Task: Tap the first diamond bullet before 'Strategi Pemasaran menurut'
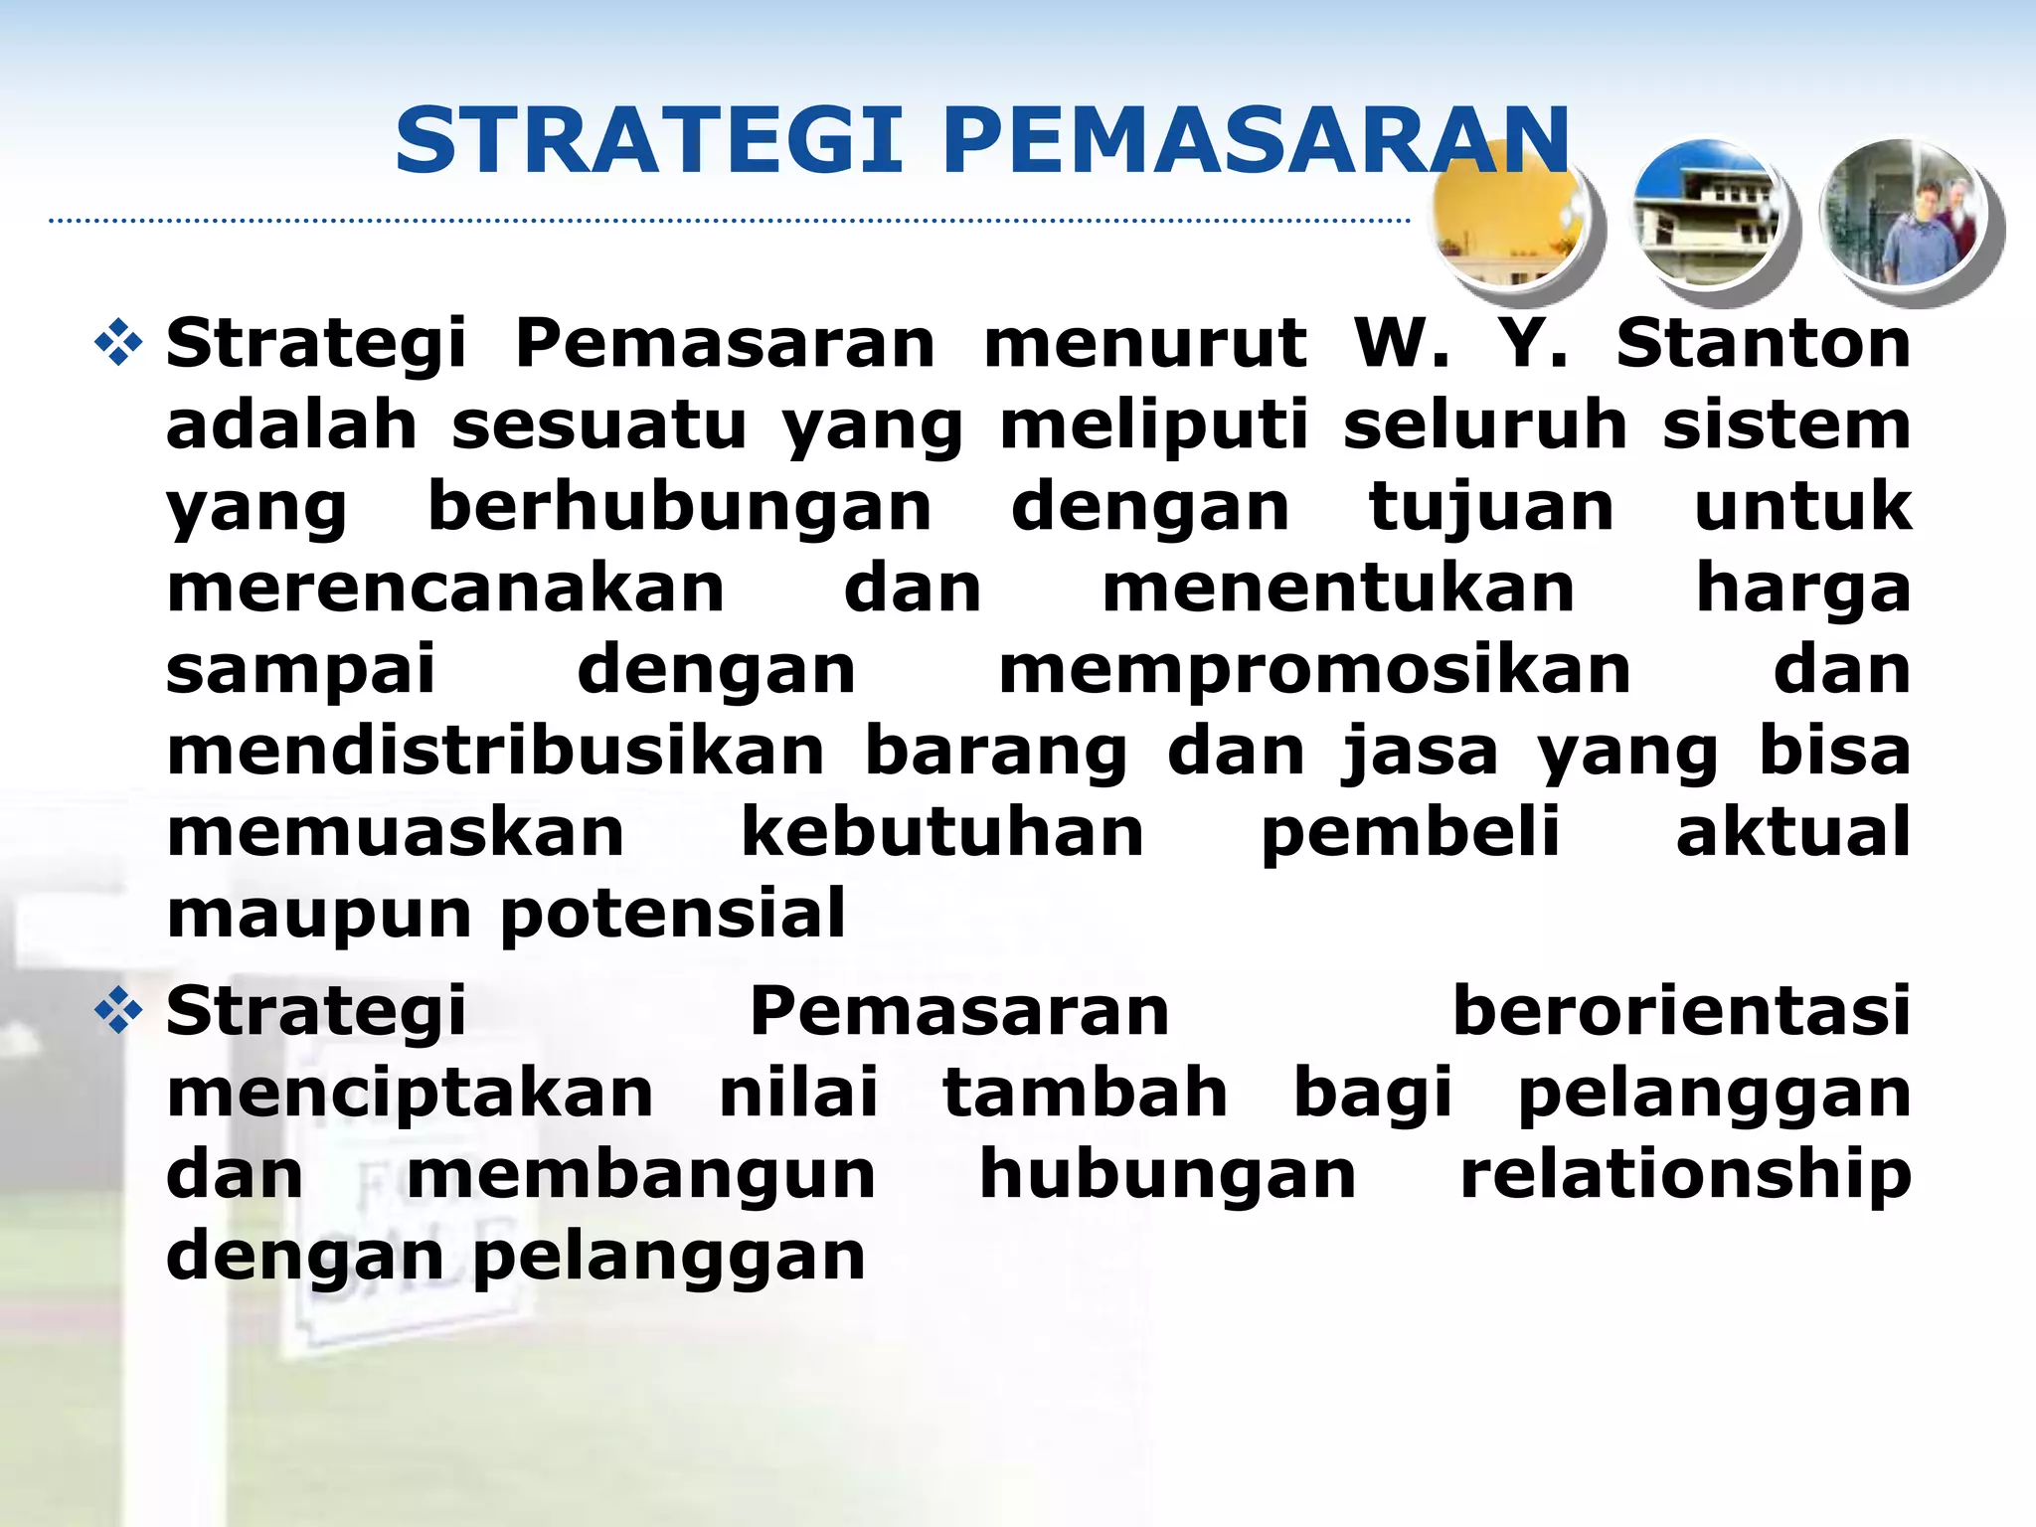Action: click(x=118, y=344)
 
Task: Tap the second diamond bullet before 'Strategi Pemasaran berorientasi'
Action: click(x=118, y=1012)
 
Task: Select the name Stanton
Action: click(x=1763, y=344)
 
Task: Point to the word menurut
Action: click(x=1145, y=344)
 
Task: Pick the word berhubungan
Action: click(x=679, y=507)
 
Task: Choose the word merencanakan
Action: click(x=445, y=589)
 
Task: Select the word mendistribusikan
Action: click(x=495, y=752)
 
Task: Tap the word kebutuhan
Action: click(x=942, y=833)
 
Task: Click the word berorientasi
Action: click(x=1681, y=1012)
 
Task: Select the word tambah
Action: click(x=1085, y=1094)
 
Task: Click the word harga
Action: click(x=1802, y=589)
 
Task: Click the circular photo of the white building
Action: click(x=1707, y=214)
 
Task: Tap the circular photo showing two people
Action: click(x=1902, y=214)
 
